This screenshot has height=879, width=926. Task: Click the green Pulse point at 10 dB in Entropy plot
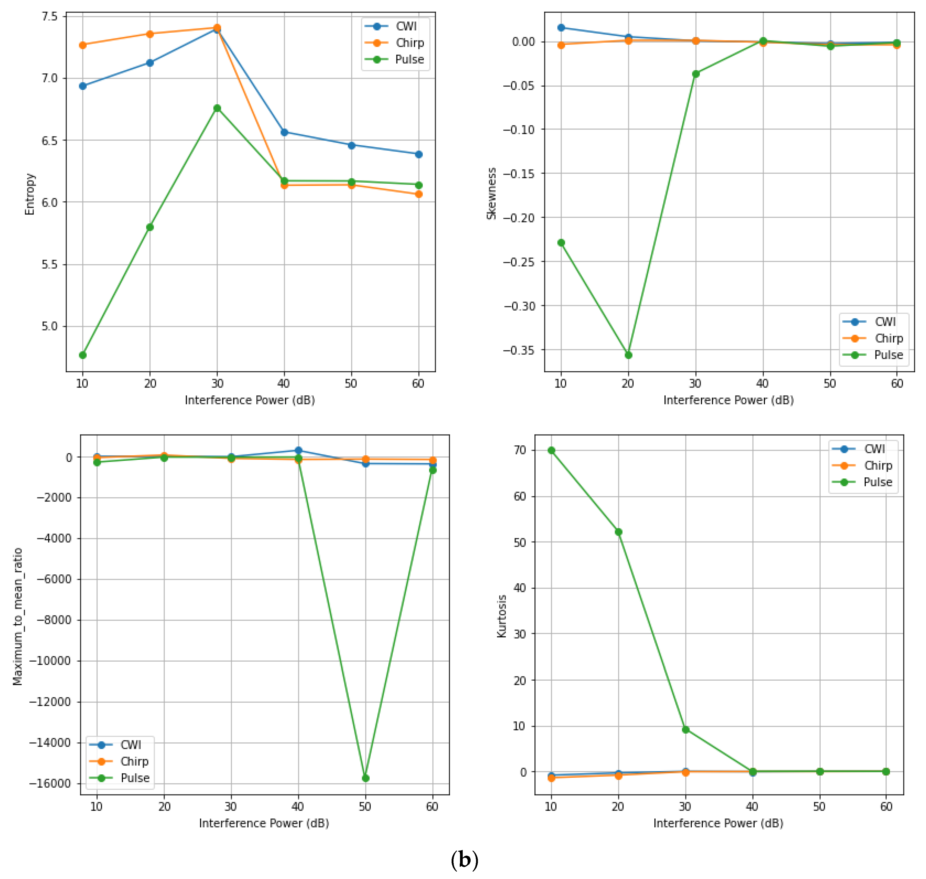coord(83,355)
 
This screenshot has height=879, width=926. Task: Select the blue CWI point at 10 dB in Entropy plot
coord(83,86)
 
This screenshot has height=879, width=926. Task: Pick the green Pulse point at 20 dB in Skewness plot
coord(629,355)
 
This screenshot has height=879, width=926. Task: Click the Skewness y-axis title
coord(491,193)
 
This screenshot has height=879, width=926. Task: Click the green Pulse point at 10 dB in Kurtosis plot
coord(552,450)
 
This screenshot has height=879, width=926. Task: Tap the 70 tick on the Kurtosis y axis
coord(520,450)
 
